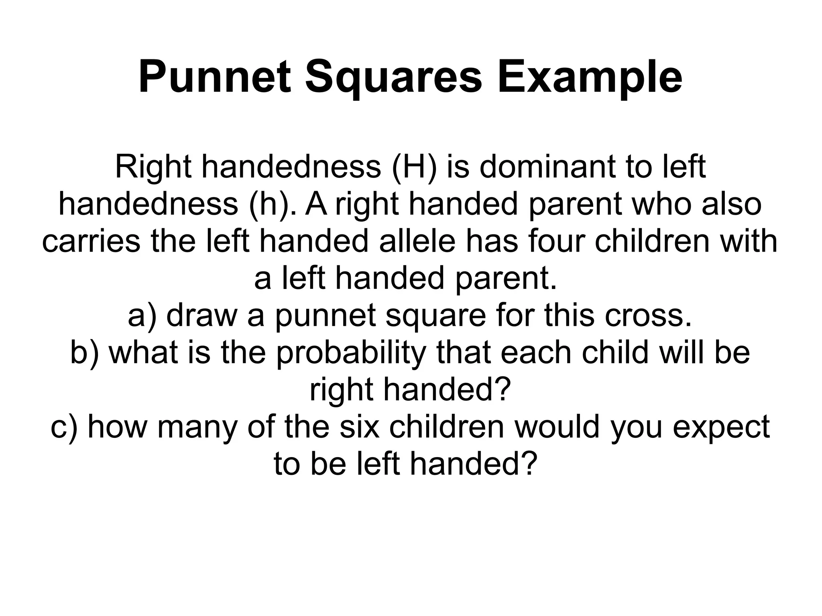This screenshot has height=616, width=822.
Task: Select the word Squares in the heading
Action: pos(393,77)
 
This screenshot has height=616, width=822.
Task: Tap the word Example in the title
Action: pos(590,77)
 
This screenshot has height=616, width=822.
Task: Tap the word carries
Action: pos(91,241)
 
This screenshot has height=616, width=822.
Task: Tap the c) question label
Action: pos(64,427)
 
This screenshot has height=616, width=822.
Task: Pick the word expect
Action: pos(721,427)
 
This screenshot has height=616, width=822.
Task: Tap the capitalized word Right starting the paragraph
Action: pos(153,167)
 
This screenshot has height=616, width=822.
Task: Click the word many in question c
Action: pos(199,427)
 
